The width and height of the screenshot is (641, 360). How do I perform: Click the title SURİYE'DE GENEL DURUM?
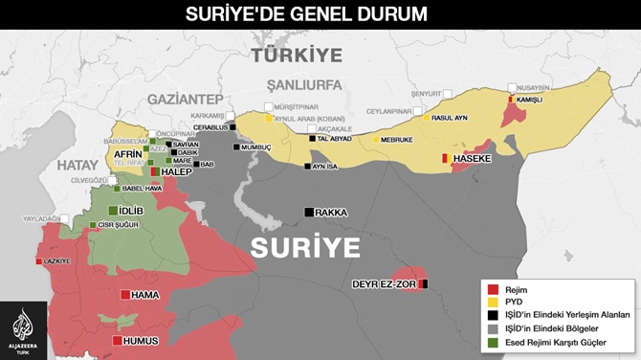[320, 14]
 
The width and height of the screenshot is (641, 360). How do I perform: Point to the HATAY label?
[77, 166]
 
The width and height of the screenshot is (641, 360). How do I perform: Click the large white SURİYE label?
[305, 247]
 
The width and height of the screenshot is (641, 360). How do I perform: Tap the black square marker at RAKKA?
[309, 212]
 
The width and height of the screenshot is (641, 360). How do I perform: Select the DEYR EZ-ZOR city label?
[384, 284]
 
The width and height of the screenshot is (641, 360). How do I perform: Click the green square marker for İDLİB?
[113, 211]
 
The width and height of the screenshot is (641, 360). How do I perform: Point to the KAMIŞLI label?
[529, 100]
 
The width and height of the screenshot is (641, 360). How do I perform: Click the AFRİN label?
[128, 153]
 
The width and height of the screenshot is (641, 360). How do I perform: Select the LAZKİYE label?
[58, 260]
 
